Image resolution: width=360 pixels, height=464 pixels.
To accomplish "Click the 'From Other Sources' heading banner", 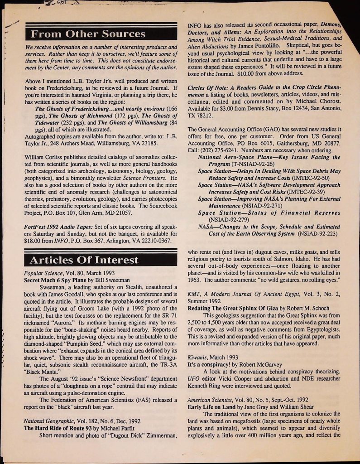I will tap(88, 34).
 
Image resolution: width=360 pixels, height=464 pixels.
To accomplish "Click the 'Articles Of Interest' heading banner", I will tap(84, 260).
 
